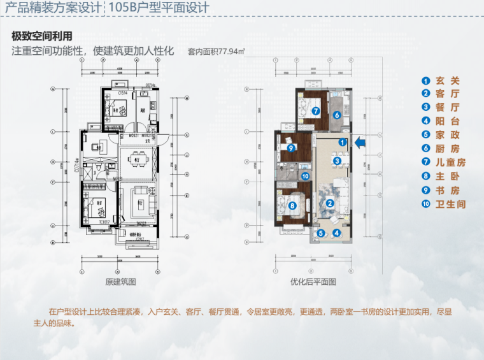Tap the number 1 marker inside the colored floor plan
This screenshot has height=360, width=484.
coord(342,142)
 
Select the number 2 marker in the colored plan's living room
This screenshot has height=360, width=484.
coord(330,203)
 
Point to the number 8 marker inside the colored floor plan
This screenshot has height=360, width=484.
coord(292,206)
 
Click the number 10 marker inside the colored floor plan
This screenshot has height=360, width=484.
coord(305,176)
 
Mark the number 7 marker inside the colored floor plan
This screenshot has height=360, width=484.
coord(316,110)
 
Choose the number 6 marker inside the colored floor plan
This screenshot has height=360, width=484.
coord(336,115)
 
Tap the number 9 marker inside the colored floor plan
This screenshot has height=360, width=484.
coord(290,148)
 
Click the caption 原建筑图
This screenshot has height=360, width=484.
coord(121,281)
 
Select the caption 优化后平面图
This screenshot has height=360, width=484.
coord(313,281)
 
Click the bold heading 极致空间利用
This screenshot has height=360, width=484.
coord(42,36)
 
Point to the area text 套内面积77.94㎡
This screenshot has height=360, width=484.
coord(217,52)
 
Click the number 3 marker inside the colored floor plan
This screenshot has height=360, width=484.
coord(336,161)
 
